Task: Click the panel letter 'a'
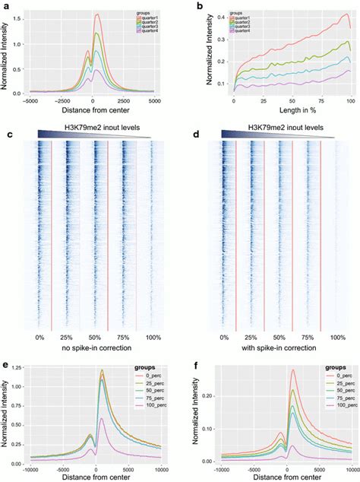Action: [x=6, y=6]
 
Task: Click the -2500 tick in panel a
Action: [x=67, y=100]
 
